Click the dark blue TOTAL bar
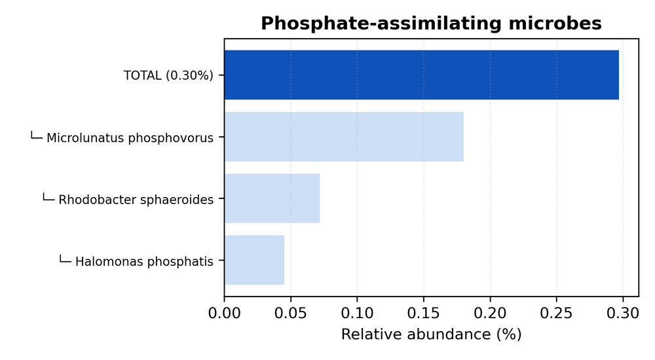pyautogui.click(x=421, y=75)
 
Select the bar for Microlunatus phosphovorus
pyautogui.click(x=344, y=137)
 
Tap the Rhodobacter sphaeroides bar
pyautogui.click(x=272, y=198)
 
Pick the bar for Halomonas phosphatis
pyautogui.click(x=254, y=260)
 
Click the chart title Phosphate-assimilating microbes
pyautogui.click(x=431, y=24)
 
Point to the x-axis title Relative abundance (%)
pyautogui.click(x=431, y=334)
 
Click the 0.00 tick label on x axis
pyautogui.click(x=225, y=312)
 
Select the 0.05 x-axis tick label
pyautogui.click(x=291, y=312)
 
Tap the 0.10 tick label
pyautogui.click(x=357, y=312)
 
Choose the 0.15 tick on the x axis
pyautogui.click(x=424, y=312)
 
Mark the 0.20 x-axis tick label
pyautogui.click(x=490, y=312)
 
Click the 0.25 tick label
pyautogui.click(x=556, y=312)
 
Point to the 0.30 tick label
pyautogui.click(x=623, y=312)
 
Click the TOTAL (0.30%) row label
pyautogui.click(x=168, y=75)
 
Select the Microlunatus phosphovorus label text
pyautogui.click(x=130, y=138)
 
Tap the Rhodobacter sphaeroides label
pyautogui.click(x=136, y=200)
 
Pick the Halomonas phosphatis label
pyautogui.click(x=144, y=262)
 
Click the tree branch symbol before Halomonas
pyautogui.click(x=65, y=259)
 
